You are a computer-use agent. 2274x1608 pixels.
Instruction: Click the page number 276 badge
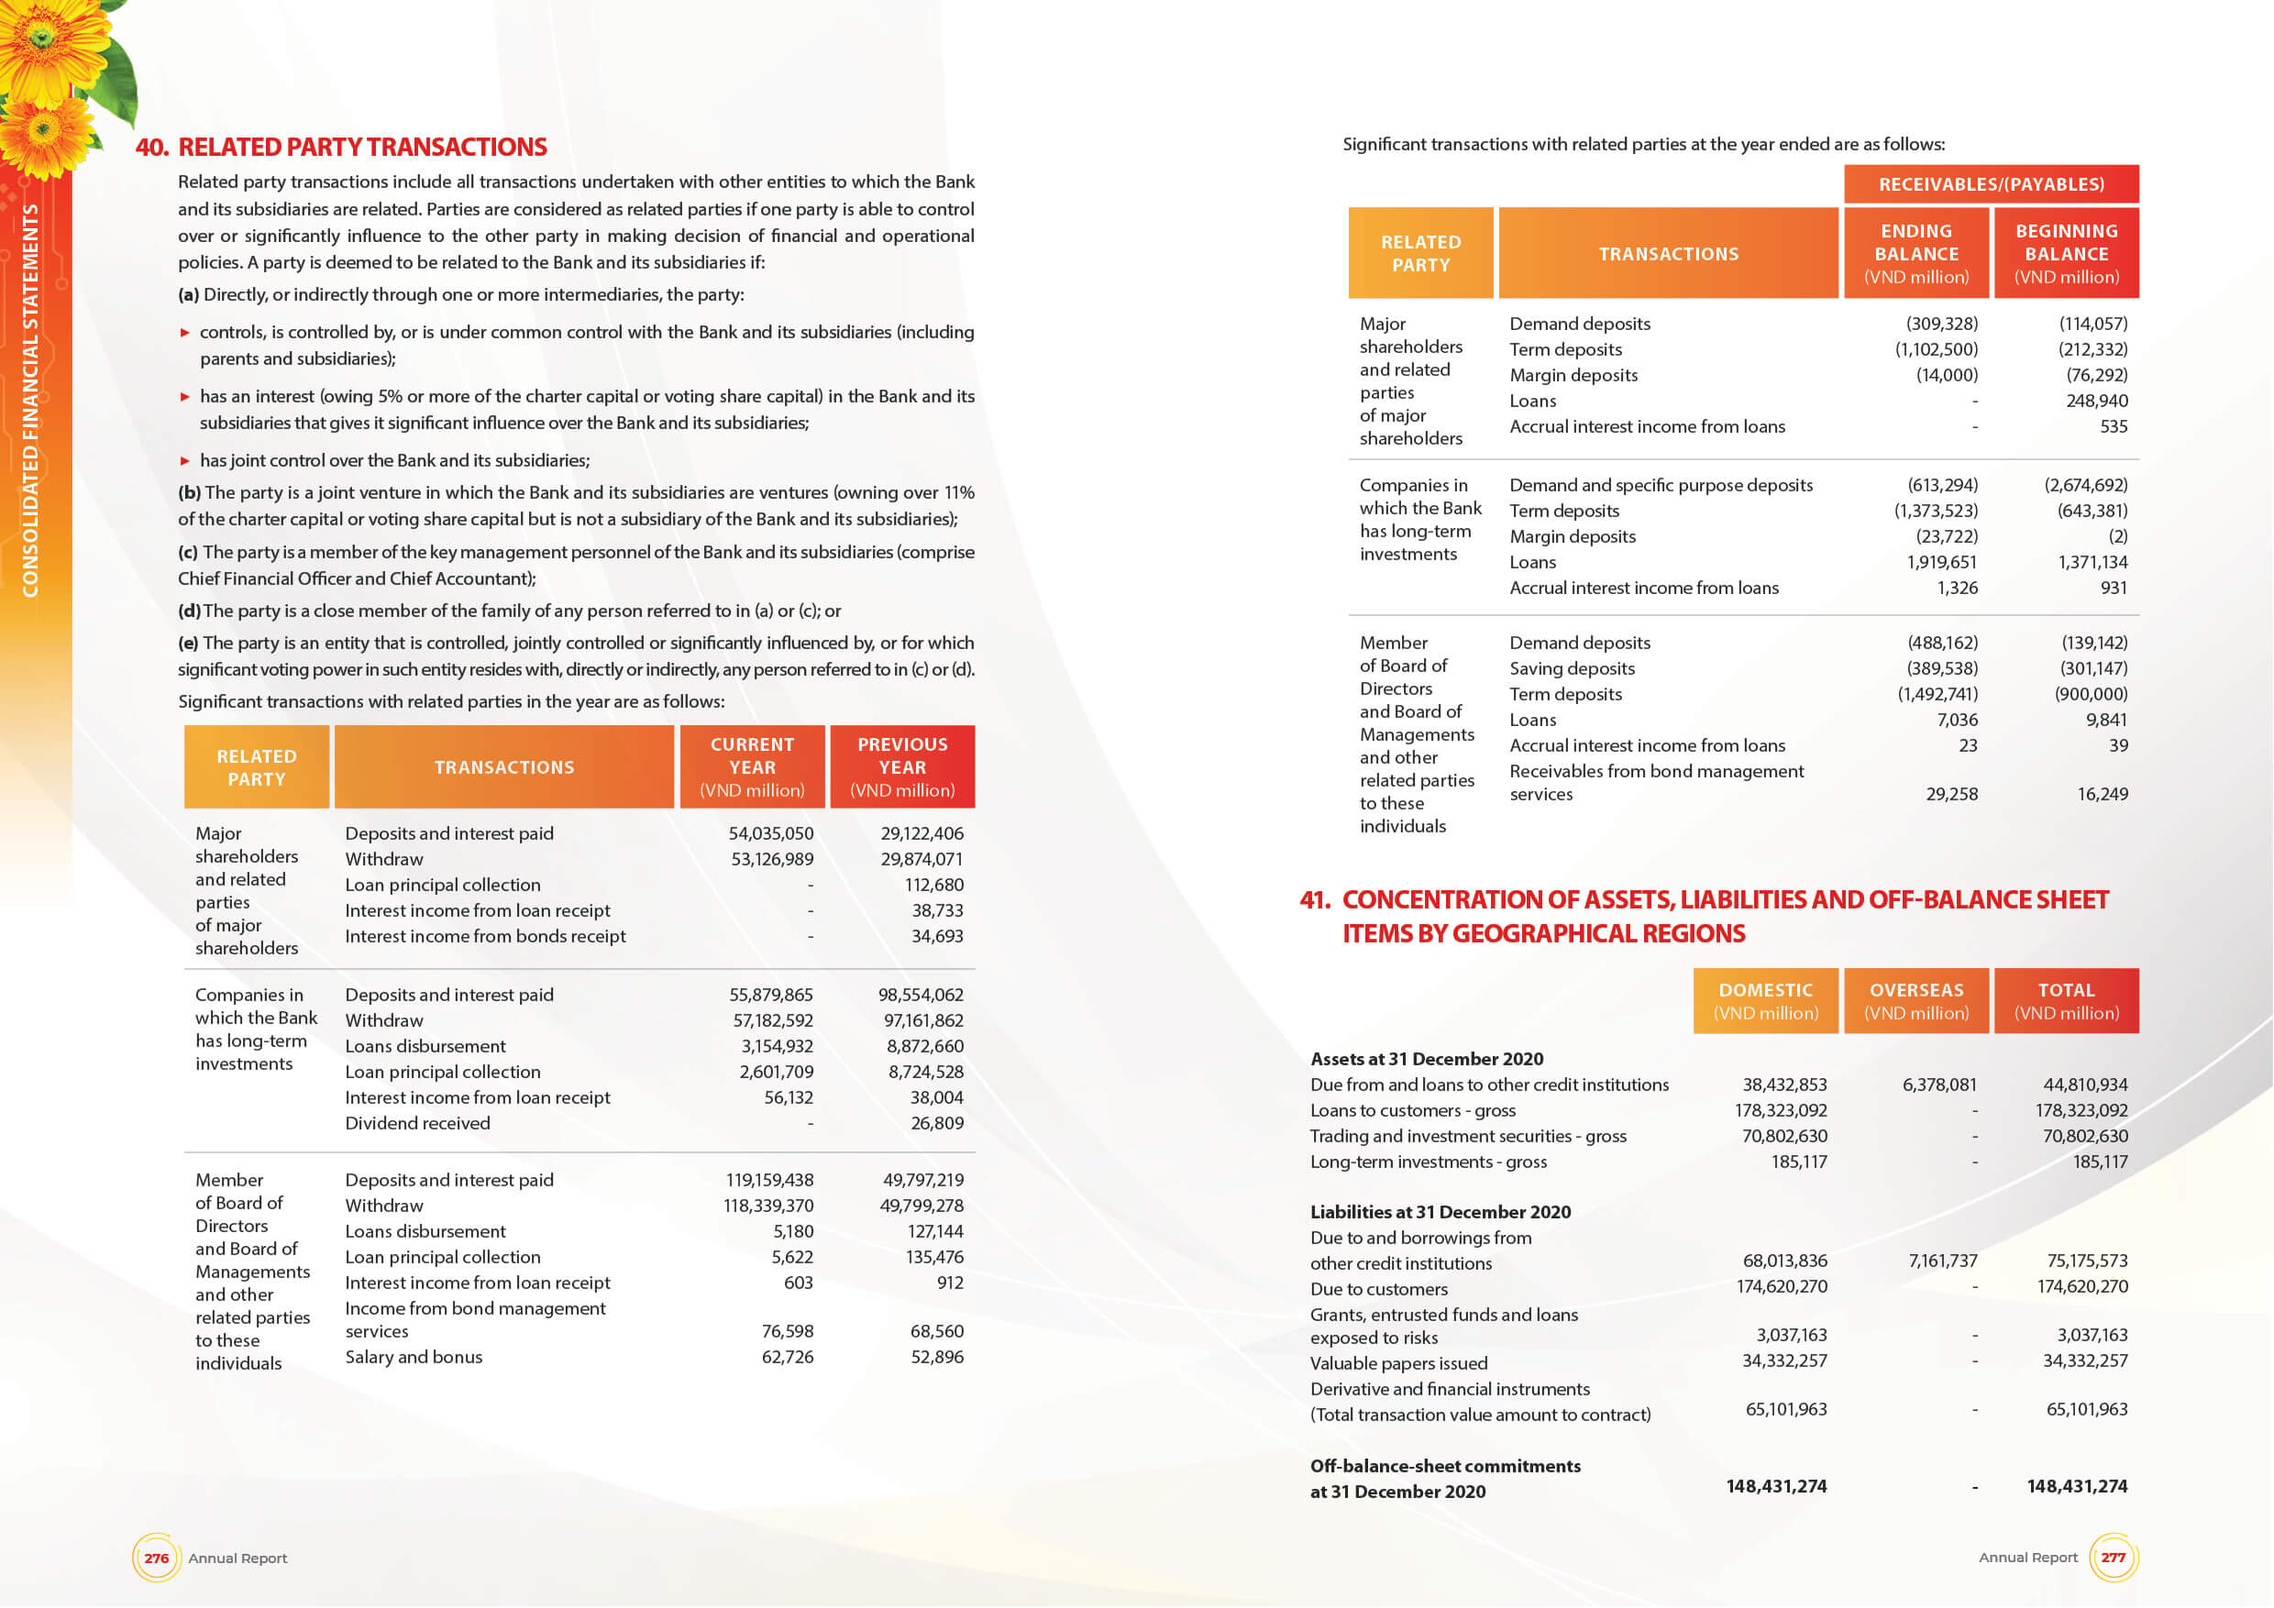point(157,1558)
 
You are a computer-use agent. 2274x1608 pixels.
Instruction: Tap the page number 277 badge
point(2113,1557)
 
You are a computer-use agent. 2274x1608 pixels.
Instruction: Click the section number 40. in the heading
point(151,148)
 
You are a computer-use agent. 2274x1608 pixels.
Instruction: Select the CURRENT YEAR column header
point(752,767)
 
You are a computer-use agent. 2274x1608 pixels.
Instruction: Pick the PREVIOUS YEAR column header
point(902,767)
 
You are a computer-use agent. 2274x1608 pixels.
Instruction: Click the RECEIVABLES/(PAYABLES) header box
point(1991,184)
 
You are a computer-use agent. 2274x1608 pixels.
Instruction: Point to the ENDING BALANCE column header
point(1915,253)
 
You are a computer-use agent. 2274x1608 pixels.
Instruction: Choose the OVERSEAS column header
point(1915,1001)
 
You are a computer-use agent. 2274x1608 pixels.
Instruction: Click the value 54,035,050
point(770,833)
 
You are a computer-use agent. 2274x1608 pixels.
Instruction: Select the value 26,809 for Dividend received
point(937,1123)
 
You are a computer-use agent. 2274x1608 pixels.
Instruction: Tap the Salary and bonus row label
point(413,1357)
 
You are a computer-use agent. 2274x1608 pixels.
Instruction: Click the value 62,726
point(788,1357)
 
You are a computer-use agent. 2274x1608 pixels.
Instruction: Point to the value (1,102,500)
point(1936,349)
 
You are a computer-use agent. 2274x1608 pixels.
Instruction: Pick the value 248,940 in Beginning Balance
point(2097,401)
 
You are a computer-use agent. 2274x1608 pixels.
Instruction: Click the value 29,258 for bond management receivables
point(1951,794)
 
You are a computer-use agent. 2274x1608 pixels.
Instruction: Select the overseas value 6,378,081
point(1938,1085)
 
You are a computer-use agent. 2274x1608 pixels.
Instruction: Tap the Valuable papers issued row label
point(1398,1363)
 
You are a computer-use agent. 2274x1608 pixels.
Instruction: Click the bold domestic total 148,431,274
point(1776,1486)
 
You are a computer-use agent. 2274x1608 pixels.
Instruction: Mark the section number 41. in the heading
point(1314,900)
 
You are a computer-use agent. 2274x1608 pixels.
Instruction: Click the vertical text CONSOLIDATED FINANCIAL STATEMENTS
point(30,400)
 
